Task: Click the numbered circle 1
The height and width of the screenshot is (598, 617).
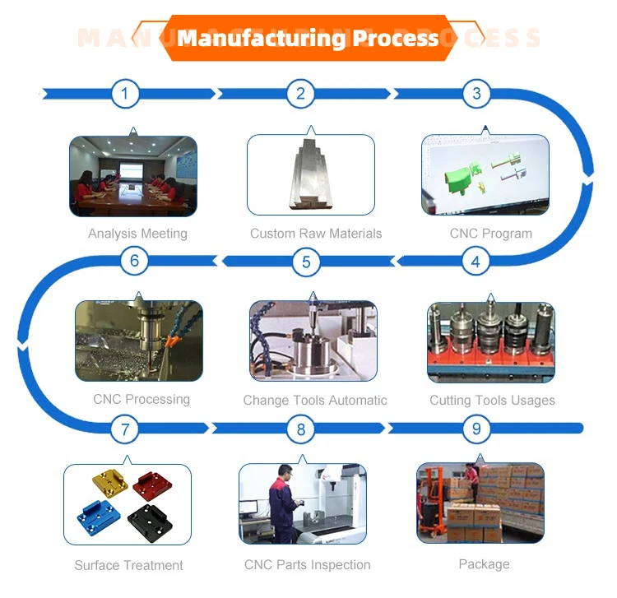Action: pos(125,94)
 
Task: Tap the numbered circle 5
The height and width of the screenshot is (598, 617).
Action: pos(306,262)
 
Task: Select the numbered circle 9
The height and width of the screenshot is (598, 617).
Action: pos(476,429)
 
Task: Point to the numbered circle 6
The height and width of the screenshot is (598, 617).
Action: pos(135,262)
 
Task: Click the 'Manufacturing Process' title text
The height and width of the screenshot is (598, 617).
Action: pos(308,38)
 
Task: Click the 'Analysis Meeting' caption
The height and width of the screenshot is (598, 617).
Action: pos(137,234)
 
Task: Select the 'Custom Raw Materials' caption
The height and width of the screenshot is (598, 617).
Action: pos(316,234)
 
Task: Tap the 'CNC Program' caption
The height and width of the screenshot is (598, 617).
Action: pos(490,234)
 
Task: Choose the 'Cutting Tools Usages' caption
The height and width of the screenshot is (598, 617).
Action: pos(492,401)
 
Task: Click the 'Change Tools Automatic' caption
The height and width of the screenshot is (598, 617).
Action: pos(315,401)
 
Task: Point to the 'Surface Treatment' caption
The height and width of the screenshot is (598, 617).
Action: pos(128,565)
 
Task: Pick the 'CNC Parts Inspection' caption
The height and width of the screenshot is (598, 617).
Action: pos(307,565)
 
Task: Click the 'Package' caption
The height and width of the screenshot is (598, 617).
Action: pos(484,564)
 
